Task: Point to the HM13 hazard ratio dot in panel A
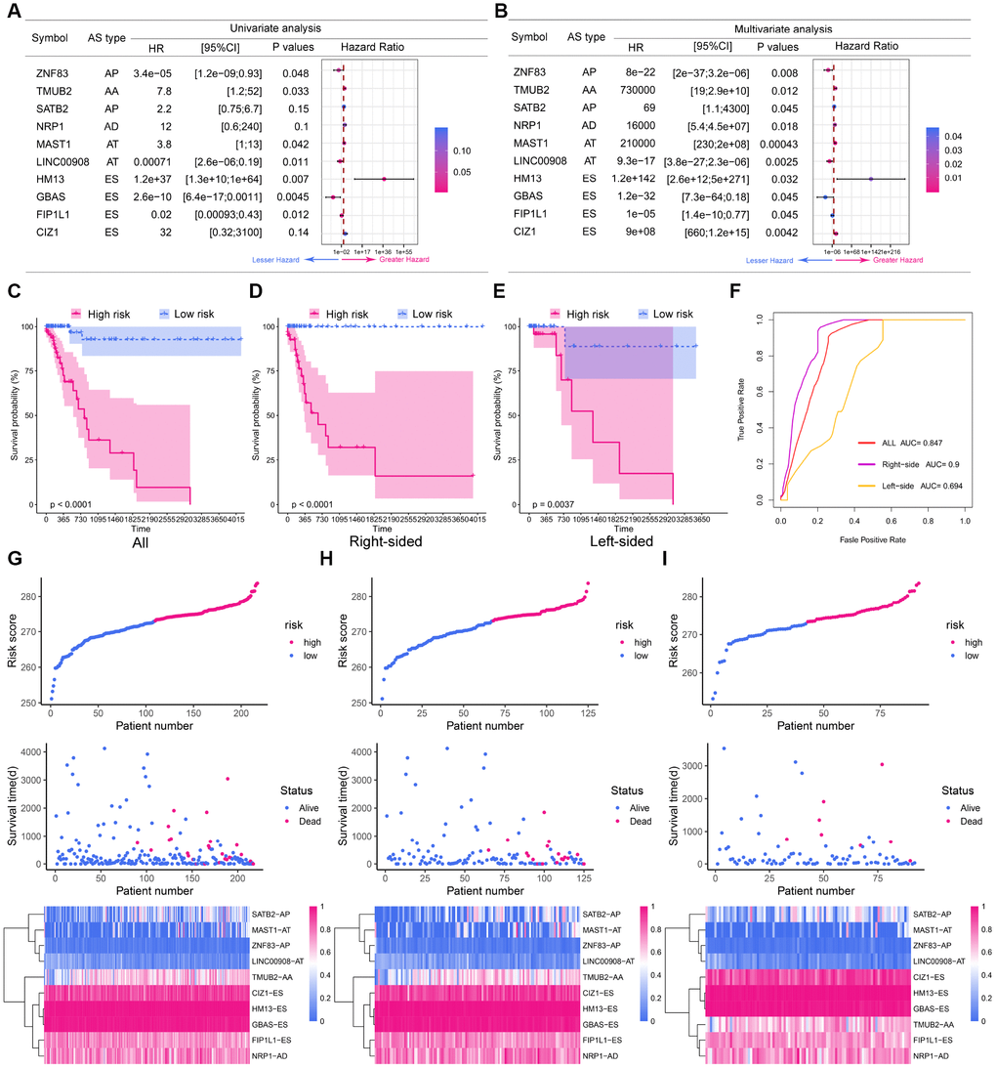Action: coord(385,179)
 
